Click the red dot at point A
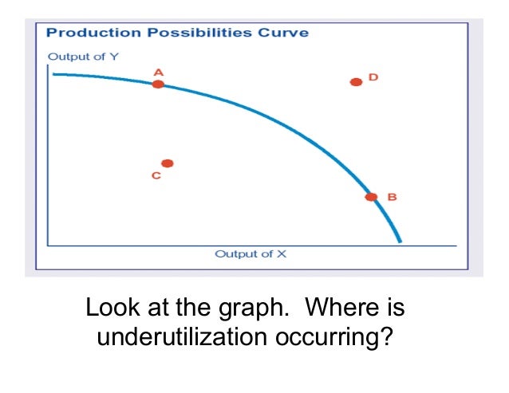click(158, 84)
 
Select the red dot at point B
click(371, 197)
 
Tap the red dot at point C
click(168, 163)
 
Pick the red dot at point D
click(356, 81)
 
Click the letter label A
click(158, 72)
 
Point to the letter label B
click(392, 197)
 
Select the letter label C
click(156, 175)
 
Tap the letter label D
click(373, 77)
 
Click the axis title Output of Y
click(83, 57)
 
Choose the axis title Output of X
click(250, 254)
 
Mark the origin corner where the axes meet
click(49, 245)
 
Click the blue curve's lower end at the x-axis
click(400, 242)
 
